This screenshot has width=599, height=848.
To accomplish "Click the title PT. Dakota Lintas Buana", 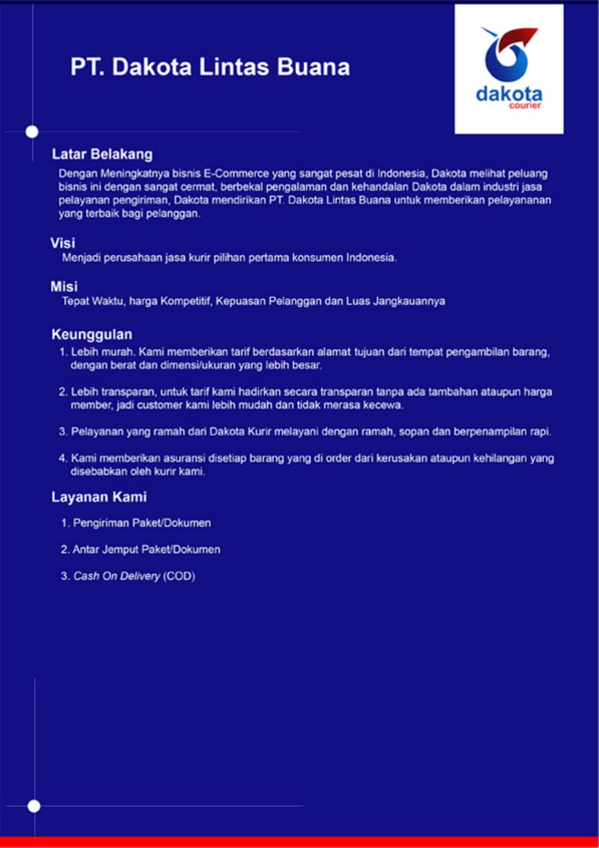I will click(210, 68).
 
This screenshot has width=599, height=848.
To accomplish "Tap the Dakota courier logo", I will click(509, 69).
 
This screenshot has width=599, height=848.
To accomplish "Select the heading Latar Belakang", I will click(102, 154).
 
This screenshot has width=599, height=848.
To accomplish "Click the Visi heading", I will click(62, 243).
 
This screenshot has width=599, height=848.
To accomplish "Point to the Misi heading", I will click(64, 287).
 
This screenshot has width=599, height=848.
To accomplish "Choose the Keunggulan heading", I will click(91, 334).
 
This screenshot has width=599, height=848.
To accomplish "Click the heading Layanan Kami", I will click(99, 497).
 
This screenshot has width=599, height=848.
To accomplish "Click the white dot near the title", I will click(32, 131).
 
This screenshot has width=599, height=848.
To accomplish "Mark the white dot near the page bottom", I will click(34, 806).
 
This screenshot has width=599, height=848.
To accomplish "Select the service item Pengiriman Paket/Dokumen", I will click(142, 523).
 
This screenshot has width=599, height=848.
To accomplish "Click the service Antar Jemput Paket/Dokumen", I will click(146, 550).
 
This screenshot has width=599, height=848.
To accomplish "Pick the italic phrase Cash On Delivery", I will click(117, 576).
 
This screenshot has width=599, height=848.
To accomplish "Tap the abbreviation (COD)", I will click(179, 576).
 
